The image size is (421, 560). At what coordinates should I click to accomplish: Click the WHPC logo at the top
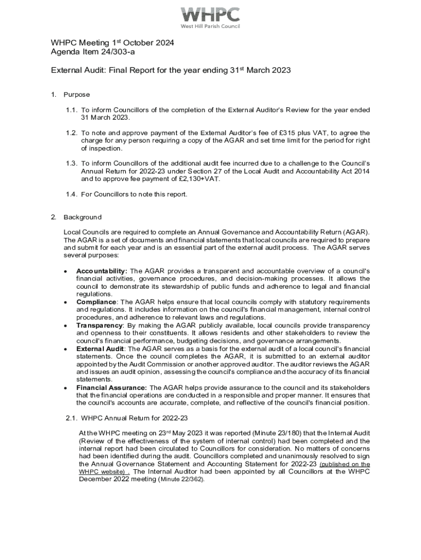(x=210, y=16)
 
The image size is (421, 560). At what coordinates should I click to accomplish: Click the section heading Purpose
(x=77, y=95)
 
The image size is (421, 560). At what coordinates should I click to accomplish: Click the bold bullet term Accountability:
(x=102, y=271)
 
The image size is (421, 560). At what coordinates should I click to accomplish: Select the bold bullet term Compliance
(x=96, y=302)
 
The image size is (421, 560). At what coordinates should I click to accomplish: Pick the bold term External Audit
(x=100, y=348)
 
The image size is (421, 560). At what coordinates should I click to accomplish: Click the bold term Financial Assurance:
(x=112, y=387)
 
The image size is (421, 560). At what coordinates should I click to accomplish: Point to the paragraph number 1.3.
(x=71, y=163)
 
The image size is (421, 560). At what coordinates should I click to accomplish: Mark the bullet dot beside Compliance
(x=66, y=302)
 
